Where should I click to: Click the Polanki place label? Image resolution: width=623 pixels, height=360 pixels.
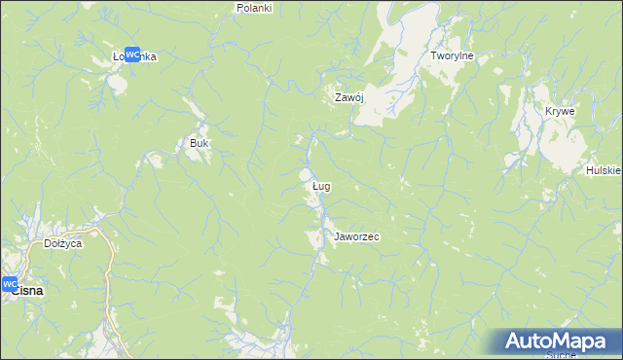pyautogui.click(x=254, y=8)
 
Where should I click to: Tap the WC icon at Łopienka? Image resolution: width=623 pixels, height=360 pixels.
pyautogui.click(x=132, y=55)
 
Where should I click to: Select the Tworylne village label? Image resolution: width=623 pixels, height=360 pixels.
pyautogui.click(x=452, y=56)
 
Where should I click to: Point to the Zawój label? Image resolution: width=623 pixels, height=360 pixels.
pyautogui.click(x=348, y=97)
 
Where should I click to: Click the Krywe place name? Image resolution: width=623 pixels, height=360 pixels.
pyautogui.click(x=560, y=111)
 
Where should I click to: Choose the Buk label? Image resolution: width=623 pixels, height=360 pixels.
pyautogui.click(x=199, y=143)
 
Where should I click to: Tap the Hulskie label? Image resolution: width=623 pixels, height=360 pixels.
pyautogui.click(x=604, y=170)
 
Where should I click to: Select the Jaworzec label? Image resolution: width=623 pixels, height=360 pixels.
pyautogui.click(x=355, y=236)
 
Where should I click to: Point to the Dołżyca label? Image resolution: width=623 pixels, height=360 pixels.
pyautogui.click(x=62, y=243)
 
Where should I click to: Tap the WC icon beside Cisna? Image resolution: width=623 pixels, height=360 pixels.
pyautogui.click(x=10, y=284)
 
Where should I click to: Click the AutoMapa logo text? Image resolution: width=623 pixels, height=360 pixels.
pyautogui.click(x=562, y=342)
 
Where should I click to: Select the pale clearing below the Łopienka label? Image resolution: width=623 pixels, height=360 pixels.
pyautogui.click(x=117, y=83)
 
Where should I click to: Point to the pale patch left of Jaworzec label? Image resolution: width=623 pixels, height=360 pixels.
pyautogui.click(x=314, y=238)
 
